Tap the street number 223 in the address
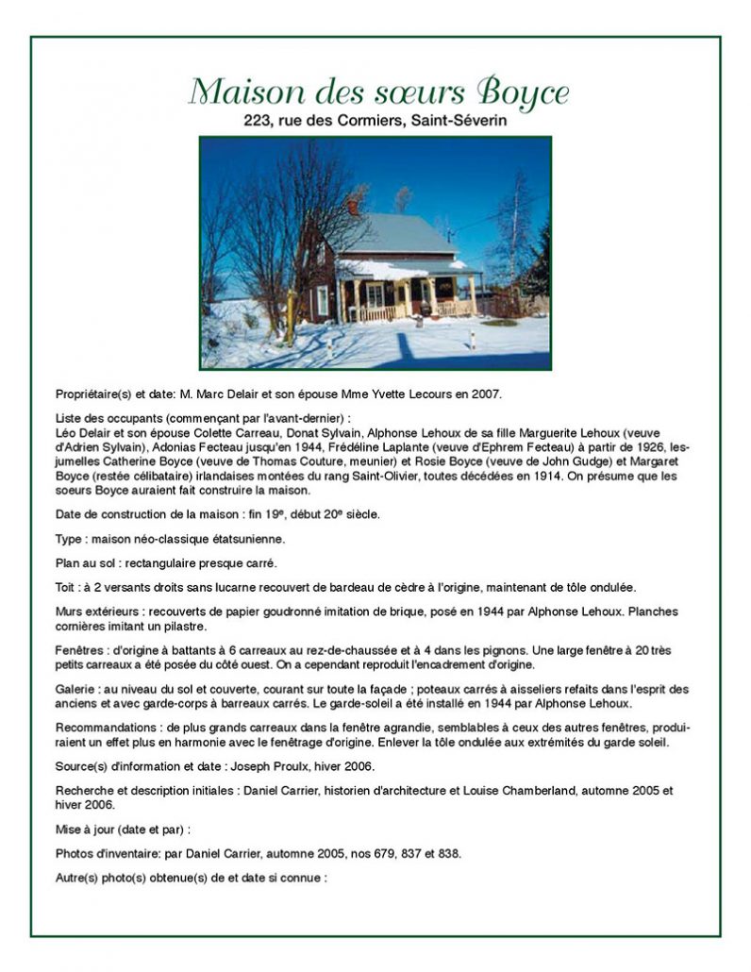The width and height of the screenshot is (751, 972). (x=258, y=121)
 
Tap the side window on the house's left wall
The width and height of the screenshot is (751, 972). (x=323, y=300)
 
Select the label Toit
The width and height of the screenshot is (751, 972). (x=68, y=587)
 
